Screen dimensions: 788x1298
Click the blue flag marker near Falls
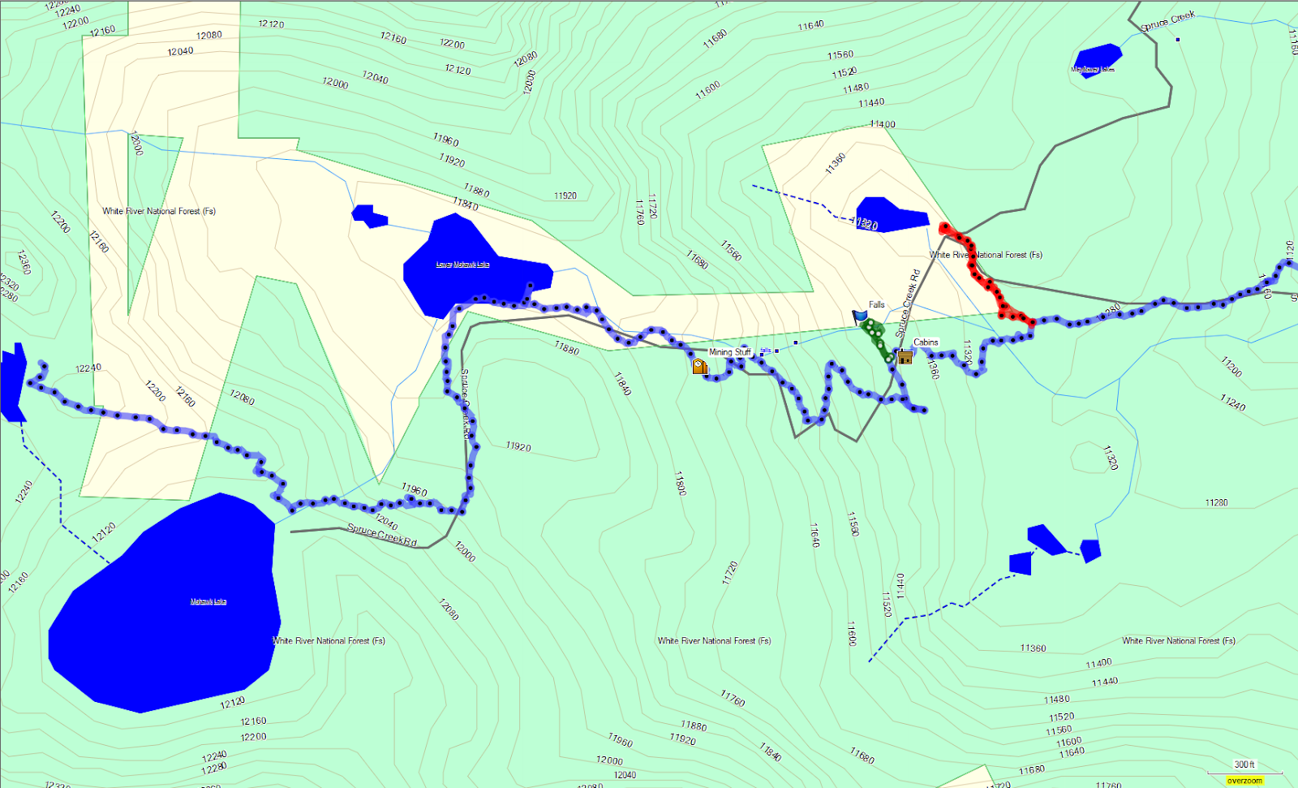[x=860, y=316]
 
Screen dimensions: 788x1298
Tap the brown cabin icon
[x=905, y=356]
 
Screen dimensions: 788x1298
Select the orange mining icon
[x=699, y=367]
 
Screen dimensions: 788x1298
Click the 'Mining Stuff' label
[x=730, y=352]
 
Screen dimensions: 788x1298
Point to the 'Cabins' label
[x=926, y=342]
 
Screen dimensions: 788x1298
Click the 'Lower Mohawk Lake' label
[x=462, y=265]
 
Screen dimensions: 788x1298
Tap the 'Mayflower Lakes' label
[x=1093, y=70]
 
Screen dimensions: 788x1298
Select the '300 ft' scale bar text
[x=1244, y=764]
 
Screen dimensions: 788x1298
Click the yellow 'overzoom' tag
[x=1244, y=781]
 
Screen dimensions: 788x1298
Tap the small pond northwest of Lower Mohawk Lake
[x=369, y=216]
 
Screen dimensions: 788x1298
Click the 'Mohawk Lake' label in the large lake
[x=208, y=601]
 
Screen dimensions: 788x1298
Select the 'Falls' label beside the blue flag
[x=877, y=305]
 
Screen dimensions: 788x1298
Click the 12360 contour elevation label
[x=24, y=262]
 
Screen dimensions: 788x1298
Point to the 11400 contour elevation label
[x=882, y=124]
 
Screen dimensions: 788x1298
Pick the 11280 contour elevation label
[x=1216, y=503]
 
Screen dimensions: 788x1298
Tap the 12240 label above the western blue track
[x=88, y=368]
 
